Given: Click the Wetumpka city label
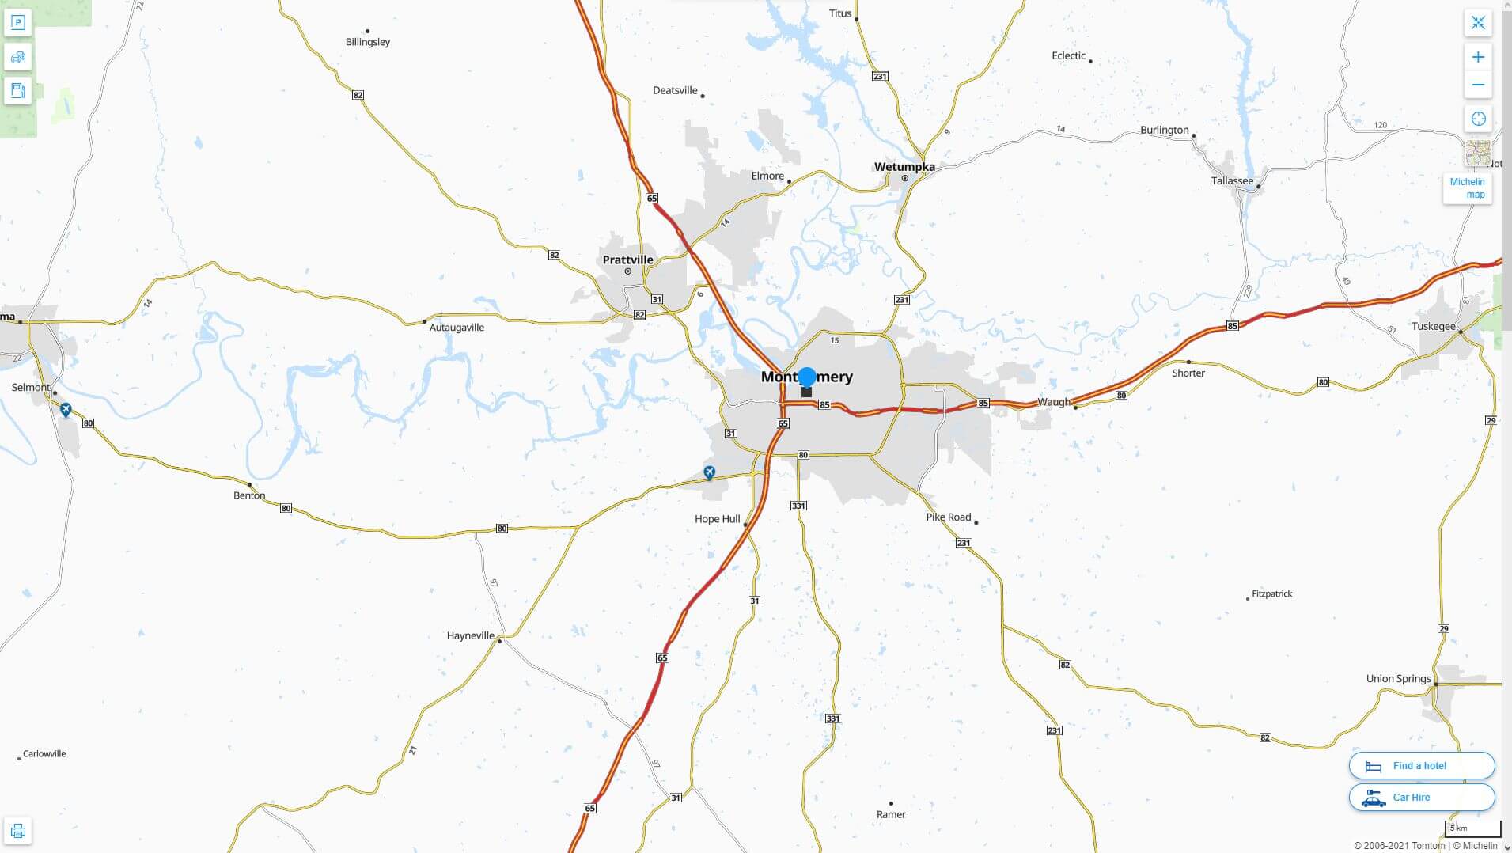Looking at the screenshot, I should point(904,167).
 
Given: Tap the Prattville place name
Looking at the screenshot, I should point(627,260).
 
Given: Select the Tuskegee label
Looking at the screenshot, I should point(1433,326).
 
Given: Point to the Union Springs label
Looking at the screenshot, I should point(1398,678).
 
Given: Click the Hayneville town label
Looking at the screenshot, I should point(470,635).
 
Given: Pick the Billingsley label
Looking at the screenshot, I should point(368,42).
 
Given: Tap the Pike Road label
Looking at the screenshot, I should point(948,517).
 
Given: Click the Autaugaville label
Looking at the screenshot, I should point(457,328).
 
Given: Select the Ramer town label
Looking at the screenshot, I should point(891,814).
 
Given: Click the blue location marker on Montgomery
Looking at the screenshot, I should point(806,377).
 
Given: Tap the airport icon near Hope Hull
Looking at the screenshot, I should point(709,472).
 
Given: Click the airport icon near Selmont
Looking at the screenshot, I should point(66,409).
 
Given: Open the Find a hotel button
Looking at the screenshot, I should point(1421,765).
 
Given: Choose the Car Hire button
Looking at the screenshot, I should point(1421,797).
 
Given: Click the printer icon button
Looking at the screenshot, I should point(17,831).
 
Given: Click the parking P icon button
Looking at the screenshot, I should point(17,22).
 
